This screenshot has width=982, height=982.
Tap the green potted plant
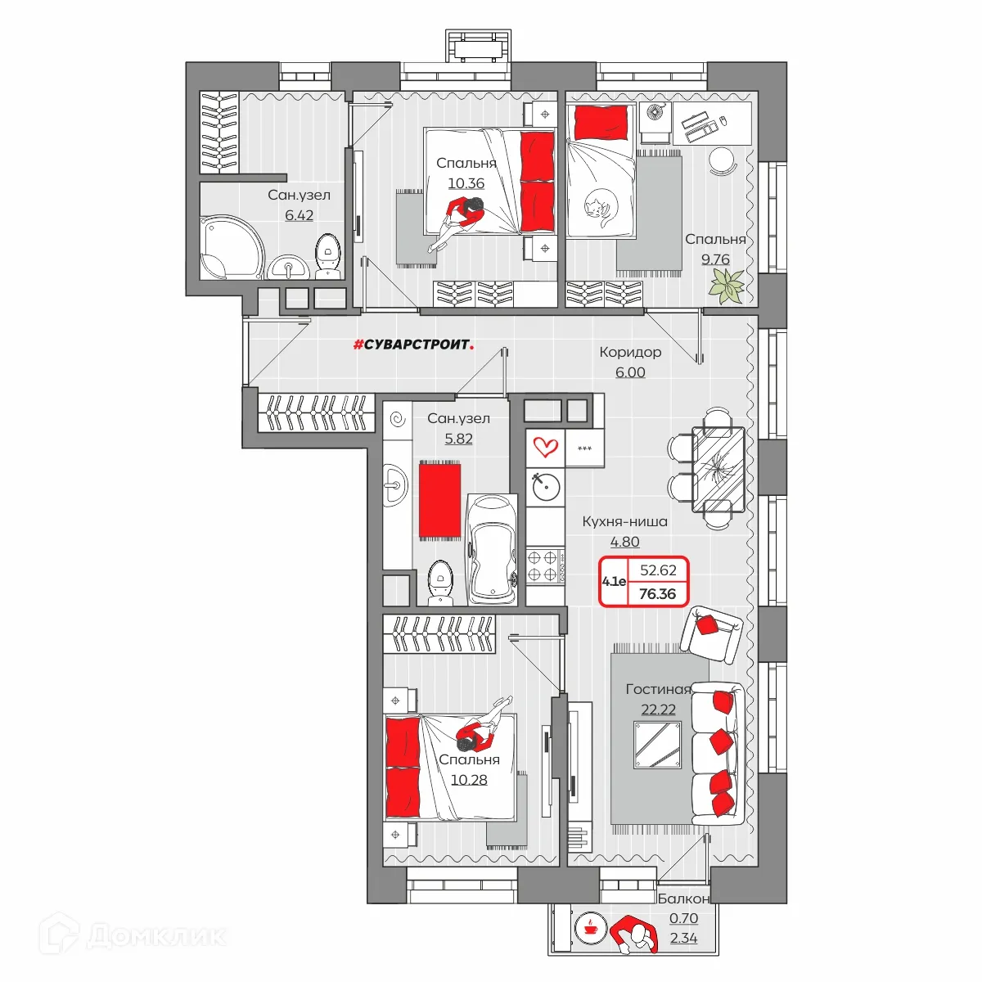727,286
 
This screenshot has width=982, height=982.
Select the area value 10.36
466,183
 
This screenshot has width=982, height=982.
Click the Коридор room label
630,352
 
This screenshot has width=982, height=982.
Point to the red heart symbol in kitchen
545,448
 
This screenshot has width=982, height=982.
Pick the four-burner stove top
545,565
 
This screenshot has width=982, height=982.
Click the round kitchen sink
546,487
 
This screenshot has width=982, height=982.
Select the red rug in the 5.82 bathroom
439,501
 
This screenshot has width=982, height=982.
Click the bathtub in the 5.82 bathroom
493,550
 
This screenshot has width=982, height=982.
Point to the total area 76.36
657,593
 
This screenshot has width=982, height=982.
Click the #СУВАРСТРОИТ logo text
413,345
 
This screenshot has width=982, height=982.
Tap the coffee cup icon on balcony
591,928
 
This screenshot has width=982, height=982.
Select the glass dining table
718,470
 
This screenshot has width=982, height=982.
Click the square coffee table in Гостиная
657,745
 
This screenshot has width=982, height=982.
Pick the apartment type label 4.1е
614,581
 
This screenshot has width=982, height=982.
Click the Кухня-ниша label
624,521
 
